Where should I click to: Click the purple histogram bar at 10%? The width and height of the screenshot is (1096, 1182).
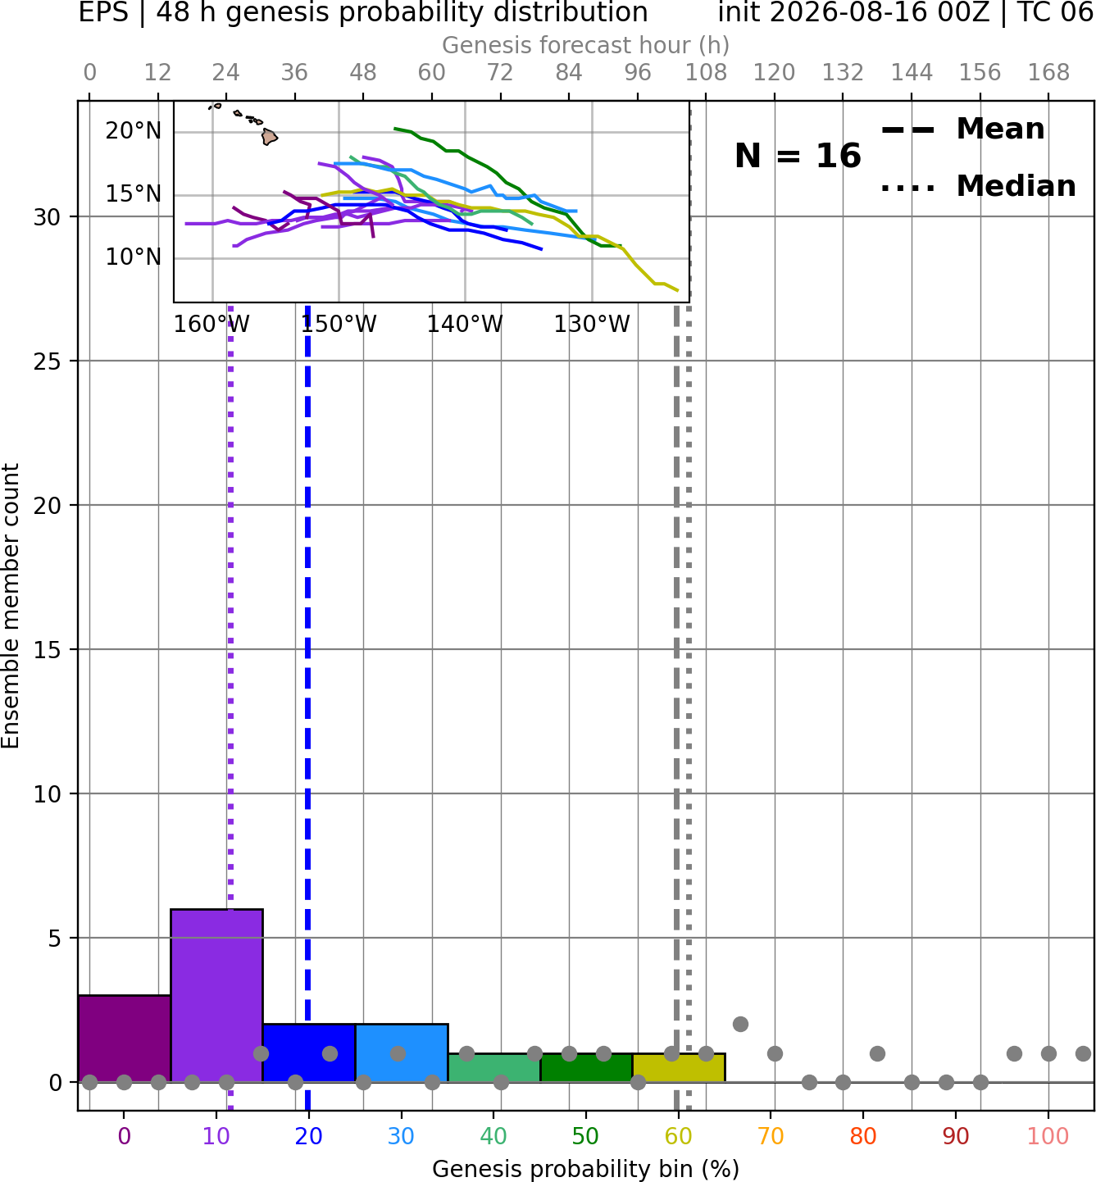point(216,995)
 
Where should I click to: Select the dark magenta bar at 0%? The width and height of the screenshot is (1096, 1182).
point(125,1038)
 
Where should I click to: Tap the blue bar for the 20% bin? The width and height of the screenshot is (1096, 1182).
point(309,1052)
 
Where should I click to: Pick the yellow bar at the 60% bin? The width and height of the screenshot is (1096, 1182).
point(679,1068)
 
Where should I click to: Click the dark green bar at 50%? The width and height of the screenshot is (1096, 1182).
point(586,1068)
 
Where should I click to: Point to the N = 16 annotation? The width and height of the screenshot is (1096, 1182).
point(798,156)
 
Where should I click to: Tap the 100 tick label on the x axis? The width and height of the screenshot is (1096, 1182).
point(1048,1136)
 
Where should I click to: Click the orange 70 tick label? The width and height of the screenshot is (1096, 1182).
point(771,1136)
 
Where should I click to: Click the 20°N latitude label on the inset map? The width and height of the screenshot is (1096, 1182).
point(134,131)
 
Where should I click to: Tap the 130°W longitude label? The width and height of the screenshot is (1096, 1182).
point(592,325)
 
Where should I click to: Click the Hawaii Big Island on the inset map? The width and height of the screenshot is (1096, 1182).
point(269,137)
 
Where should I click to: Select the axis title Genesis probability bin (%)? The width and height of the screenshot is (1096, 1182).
point(586,1169)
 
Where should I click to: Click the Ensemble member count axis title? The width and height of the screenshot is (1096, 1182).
point(10,606)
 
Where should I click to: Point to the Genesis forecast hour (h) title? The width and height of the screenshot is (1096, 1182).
point(586,45)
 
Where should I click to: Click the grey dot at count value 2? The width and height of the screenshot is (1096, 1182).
point(740,1025)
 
